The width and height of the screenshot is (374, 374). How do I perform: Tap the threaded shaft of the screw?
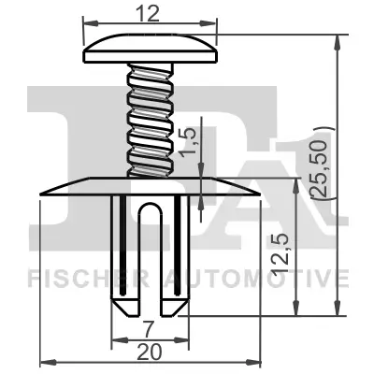(x=151, y=117)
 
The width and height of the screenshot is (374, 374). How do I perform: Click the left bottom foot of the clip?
(x=122, y=302)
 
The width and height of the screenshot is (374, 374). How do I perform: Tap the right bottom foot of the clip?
(x=175, y=302)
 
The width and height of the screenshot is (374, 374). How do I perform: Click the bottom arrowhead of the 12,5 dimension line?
(x=298, y=310)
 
